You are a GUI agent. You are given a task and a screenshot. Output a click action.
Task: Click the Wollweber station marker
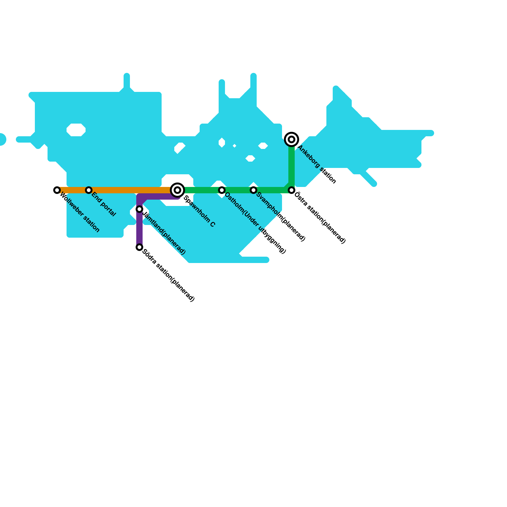point(57,190)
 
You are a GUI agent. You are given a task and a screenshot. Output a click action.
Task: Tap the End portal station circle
point(89,190)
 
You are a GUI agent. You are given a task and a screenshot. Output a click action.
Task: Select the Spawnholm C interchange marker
point(177,190)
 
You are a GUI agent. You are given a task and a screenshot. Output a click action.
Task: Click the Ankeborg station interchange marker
point(292,139)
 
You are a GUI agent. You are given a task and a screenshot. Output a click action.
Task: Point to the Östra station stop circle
point(292,190)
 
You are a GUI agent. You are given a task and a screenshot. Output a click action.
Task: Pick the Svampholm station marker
point(253,190)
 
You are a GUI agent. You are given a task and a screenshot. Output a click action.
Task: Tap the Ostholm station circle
point(222,190)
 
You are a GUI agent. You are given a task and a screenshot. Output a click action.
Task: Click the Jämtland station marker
point(139,209)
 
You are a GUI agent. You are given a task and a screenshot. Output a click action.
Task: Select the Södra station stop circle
point(139,247)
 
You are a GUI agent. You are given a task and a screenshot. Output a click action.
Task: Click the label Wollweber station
point(80,213)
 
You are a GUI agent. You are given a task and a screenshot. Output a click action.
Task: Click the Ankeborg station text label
point(317,164)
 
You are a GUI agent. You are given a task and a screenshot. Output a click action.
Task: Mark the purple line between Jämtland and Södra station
point(139,228)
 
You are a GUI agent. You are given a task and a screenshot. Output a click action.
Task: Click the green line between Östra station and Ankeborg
point(292,165)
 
